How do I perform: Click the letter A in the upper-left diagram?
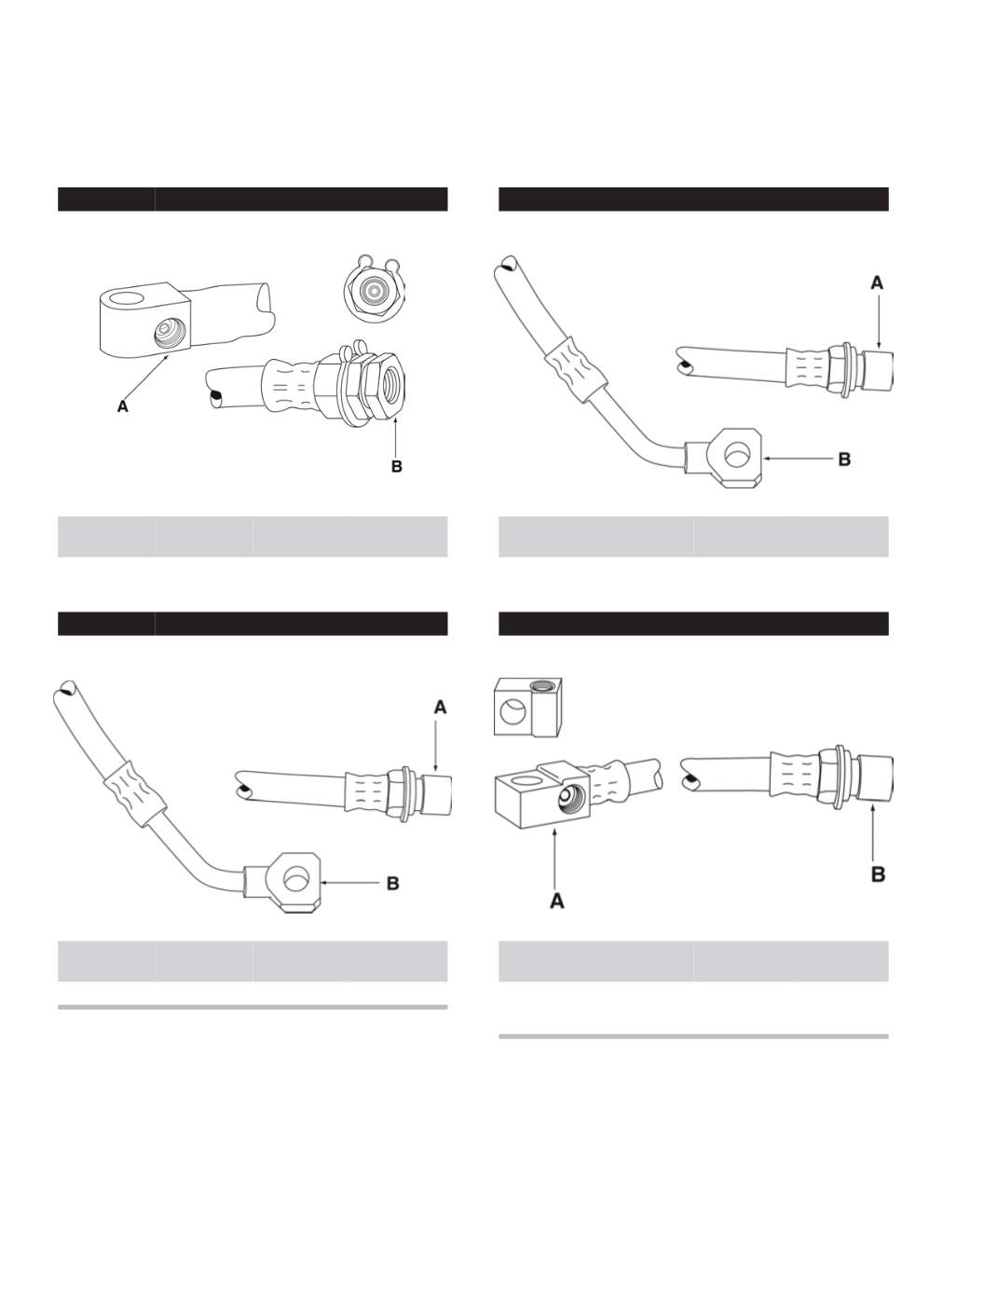123,406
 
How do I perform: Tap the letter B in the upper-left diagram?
396,466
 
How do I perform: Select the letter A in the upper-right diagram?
877,283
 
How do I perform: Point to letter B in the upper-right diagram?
844,459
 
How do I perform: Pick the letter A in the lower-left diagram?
440,708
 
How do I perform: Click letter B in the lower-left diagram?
393,884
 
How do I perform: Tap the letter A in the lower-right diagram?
557,901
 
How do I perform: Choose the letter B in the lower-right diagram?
878,874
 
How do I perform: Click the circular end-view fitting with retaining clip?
375,290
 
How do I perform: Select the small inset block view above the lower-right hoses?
527,707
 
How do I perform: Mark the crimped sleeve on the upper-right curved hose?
574,367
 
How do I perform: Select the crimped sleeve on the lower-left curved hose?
134,792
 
